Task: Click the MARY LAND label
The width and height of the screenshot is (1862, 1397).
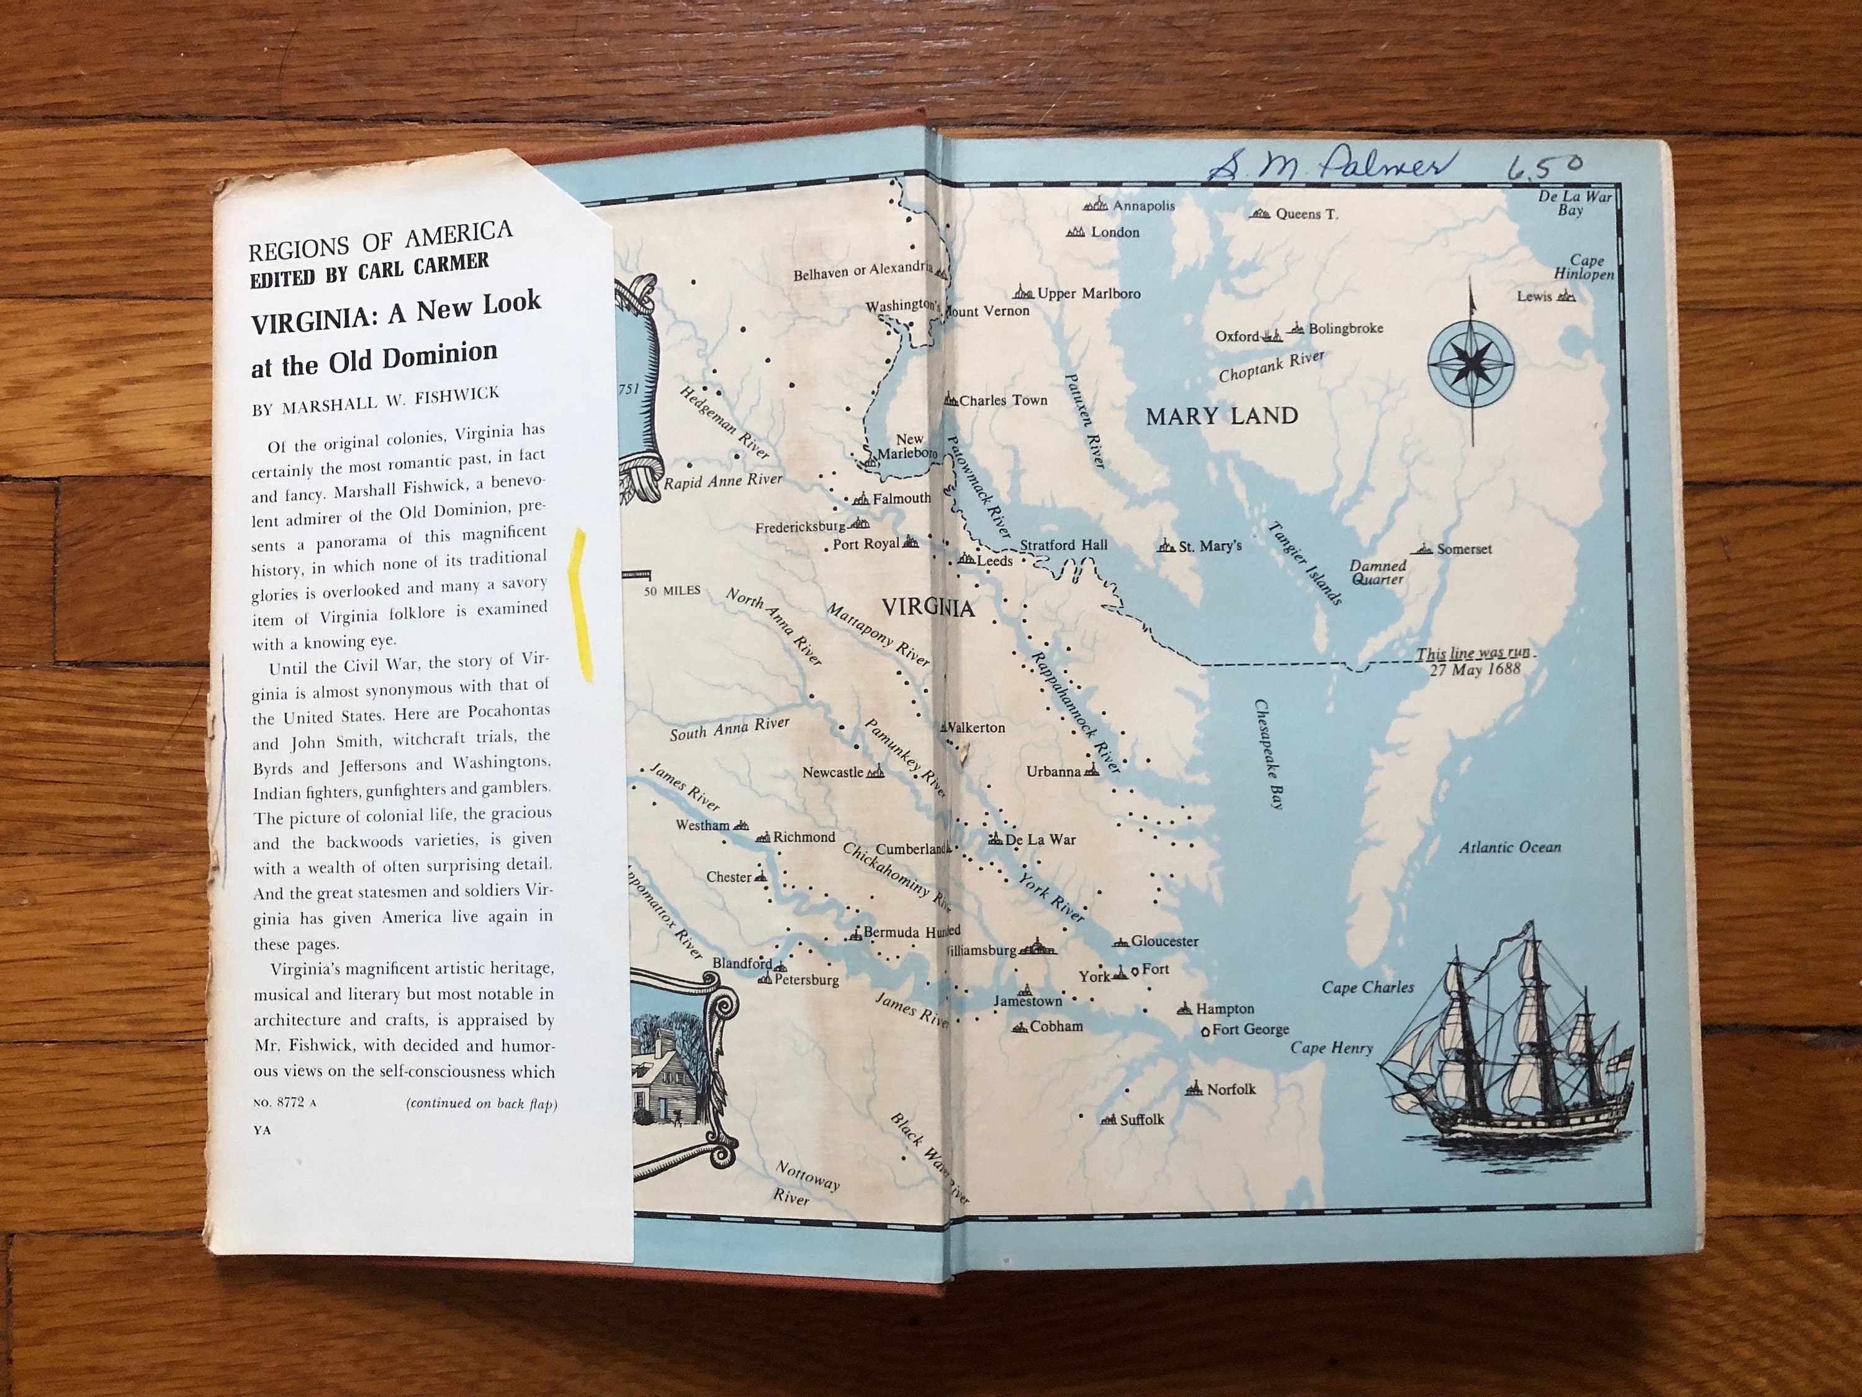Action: pos(1221,416)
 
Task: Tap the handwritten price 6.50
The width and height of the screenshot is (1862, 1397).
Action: pos(1543,166)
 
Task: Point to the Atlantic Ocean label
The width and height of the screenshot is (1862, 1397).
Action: pos(1509,847)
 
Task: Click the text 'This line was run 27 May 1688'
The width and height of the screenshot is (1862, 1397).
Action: pos(1473,662)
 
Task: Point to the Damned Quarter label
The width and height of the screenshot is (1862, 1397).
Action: pos(1377,572)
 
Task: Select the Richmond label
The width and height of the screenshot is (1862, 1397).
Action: pos(804,836)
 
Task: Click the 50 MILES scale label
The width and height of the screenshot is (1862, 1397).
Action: pos(672,590)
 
